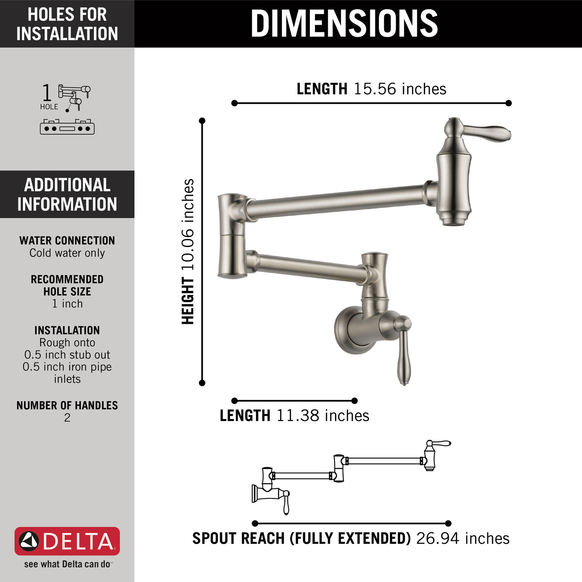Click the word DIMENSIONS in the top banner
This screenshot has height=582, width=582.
pos(344,23)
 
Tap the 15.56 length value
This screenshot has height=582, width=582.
pos(375,89)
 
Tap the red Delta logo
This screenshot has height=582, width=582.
pos(67,541)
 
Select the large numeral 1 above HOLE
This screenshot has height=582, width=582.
pos(47,93)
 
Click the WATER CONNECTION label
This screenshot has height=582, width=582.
pos(67,241)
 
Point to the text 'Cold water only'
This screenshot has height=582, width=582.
pos(67,253)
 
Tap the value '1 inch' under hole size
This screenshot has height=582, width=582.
pos(67,304)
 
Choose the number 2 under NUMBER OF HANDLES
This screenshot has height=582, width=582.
pos(67,418)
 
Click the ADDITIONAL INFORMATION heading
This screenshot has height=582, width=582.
pos(67,194)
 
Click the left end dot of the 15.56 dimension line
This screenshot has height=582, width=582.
pos(234,103)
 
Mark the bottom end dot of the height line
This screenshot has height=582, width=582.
pos(202,383)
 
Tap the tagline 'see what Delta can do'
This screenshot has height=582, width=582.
pos(67,564)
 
